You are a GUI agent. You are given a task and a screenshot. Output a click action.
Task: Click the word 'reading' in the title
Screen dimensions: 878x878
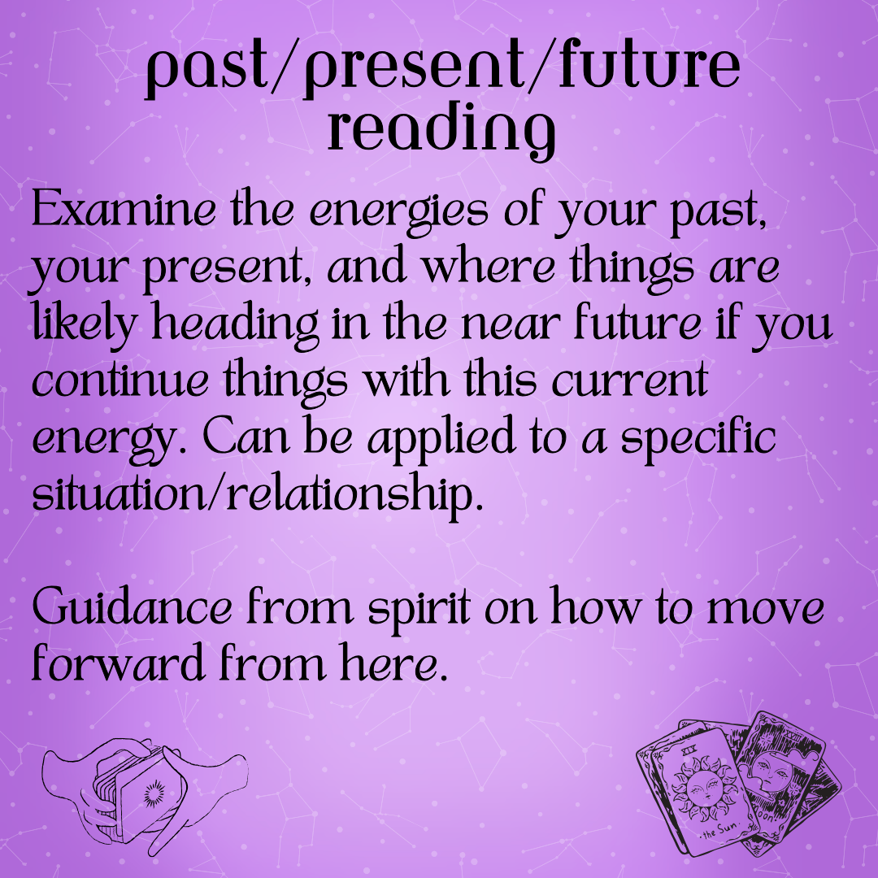(441, 131)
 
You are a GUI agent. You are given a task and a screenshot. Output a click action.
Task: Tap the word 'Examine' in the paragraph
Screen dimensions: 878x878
(124, 209)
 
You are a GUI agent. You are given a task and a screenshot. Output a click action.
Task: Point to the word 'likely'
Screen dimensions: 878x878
(84, 324)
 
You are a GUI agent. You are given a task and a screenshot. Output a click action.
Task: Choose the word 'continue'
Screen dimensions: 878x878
(120, 380)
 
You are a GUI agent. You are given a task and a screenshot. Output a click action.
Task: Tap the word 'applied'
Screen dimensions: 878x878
(441, 440)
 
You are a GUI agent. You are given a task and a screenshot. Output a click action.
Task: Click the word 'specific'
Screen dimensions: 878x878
(698, 440)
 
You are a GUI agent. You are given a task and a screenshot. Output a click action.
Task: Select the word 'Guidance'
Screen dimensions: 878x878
(132, 607)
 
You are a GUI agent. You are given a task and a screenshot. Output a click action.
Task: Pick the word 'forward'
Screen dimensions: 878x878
(118, 663)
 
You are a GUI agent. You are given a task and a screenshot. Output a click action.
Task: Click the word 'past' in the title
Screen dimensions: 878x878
(206, 69)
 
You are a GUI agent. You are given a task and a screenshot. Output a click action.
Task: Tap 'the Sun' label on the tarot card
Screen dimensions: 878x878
(719, 830)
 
